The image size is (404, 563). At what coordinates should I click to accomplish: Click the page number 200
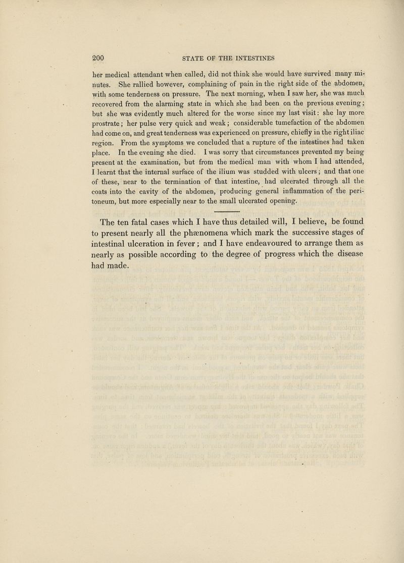98,58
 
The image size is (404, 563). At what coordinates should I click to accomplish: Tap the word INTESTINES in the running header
251,58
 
